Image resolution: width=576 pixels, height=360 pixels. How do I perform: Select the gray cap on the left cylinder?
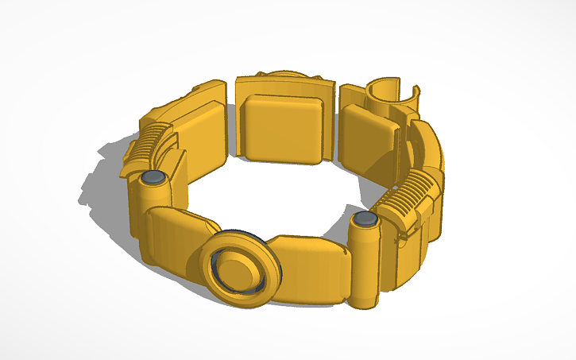(151, 177)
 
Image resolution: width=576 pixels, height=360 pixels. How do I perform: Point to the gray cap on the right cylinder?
(365, 219)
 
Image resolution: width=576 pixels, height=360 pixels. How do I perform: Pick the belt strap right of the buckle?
(314, 266)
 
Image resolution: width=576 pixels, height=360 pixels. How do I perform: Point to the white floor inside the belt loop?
(270, 199)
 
